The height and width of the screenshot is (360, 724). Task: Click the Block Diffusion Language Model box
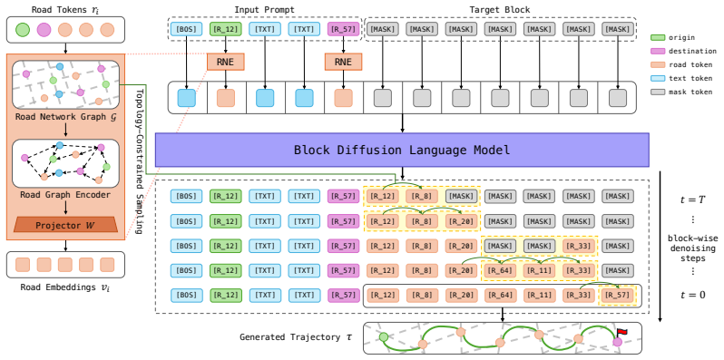click(x=402, y=150)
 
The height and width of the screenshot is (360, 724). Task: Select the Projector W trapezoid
click(x=65, y=226)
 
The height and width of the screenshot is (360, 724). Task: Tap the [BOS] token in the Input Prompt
click(x=187, y=30)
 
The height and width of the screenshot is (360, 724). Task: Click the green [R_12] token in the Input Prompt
click(x=225, y=30)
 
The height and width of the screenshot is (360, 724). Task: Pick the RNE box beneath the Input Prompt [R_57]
click(x=343, y=62)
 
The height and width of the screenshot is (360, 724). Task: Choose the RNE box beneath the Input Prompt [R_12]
click(x=225, y=62)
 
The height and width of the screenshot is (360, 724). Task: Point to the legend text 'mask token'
click(x=690, y=92)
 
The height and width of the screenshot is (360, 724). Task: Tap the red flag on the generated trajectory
click(x=622, y=332)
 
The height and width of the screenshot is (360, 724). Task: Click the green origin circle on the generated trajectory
click(x=383, y=337)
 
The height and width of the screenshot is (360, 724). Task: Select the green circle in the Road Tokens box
click(x=22, y=30)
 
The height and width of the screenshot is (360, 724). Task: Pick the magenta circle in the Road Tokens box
click(x=44, y=30)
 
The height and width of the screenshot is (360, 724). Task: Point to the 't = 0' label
click(x=692, y=295)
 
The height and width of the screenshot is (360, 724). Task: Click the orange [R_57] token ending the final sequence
click(x=617, y=295)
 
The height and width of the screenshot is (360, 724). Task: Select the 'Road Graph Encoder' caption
click(x=65, y=195)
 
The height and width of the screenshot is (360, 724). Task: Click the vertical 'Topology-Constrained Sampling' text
click(x=137, y=162)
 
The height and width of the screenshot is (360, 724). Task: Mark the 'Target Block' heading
click(x=500, y=10)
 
